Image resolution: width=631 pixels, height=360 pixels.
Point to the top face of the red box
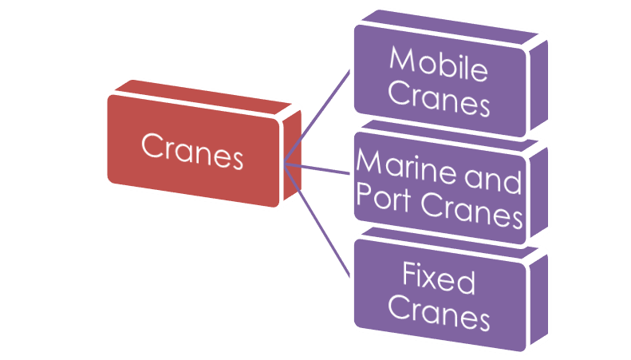pos(203,94)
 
